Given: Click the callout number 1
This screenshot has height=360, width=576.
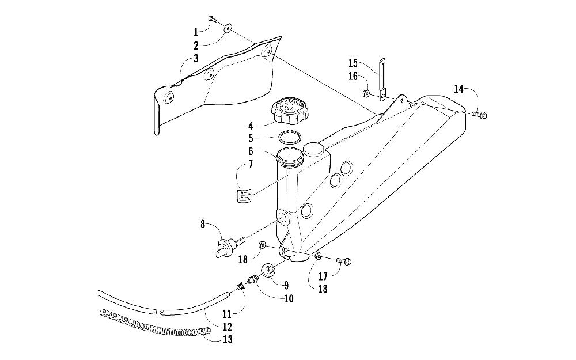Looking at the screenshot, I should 196,31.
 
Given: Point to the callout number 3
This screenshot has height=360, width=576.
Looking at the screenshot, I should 196,58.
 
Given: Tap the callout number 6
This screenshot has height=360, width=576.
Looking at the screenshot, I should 251,151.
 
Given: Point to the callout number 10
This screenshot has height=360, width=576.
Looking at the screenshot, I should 288,298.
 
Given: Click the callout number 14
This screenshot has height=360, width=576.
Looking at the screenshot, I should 458,89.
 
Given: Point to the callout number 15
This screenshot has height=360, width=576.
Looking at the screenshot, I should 353,62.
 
